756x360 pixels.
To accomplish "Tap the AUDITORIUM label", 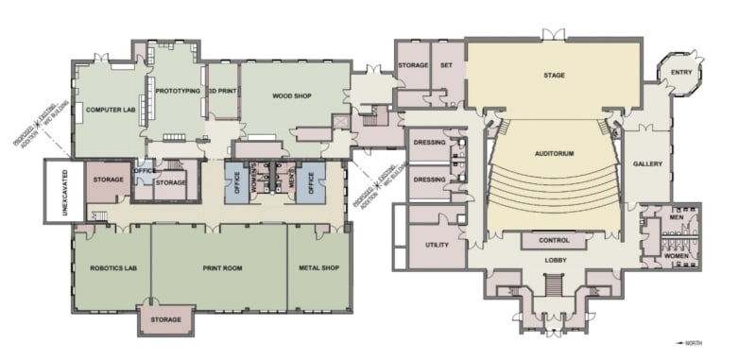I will [554, 153].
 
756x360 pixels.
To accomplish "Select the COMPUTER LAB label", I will [107, 110].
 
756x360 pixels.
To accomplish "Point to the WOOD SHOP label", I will [292, 96].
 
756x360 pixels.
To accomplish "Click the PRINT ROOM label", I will [222, 268].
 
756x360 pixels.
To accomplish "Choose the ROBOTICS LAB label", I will [111, 268].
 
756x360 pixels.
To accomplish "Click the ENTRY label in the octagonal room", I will [681, 73].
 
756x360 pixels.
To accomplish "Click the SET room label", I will [447, 65].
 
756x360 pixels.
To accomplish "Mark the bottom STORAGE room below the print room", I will [166, 320].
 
